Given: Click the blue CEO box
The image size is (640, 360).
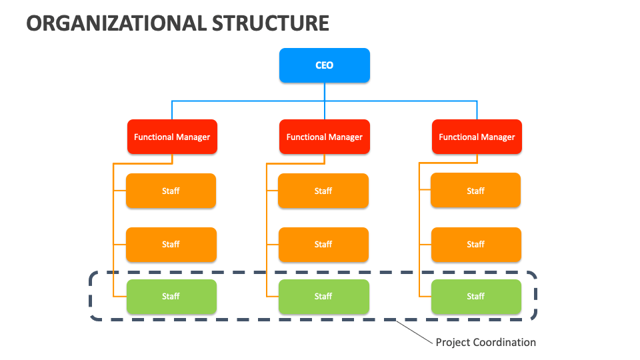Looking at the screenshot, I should click(x=325, y=65).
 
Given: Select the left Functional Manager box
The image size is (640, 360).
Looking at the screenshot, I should click(x=172, y=137).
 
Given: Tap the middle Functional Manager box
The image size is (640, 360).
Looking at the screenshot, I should click(x=325, y=137).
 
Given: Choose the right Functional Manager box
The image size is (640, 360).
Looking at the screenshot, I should click(x=477, y=137).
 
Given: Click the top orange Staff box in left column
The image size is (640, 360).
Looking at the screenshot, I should click(x=171, y=191).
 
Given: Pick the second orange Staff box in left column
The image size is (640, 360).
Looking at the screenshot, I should click(x=171, y=244).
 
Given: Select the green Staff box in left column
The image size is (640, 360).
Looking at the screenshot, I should click(x=171, y=297).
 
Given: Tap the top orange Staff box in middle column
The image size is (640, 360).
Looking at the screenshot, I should click(x=323, y=191).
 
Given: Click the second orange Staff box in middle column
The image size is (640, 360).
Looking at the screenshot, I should click(x=323, y=244).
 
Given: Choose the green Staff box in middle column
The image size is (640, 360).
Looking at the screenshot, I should click(x=323, y=297).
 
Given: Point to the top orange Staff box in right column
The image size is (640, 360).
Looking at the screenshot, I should click(x=475, y=191).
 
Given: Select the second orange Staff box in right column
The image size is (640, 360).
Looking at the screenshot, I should click(x=475, y=244).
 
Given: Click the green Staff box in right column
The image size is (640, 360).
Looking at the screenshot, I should click(x=475, y=297).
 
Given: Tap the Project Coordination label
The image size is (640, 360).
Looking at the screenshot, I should click(x=485, y=342).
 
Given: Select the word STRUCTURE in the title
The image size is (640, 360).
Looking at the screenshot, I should click(x=271, y=23).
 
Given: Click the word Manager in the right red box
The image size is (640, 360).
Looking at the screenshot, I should click(x=497, y=137).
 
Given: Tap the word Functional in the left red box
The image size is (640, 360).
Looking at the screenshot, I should click(x=153, y=137).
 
